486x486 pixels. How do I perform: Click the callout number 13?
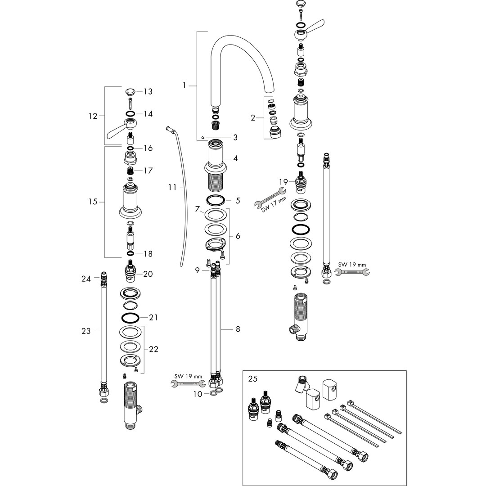pyautogui.click(x=148, y=92)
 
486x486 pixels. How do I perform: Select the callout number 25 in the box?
pyautogui.click(x=253, y=379)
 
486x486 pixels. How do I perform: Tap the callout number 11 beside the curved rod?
pyautogui.click(x=173, y=187)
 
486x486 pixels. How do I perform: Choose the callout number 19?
pyautogui.click(x=283, y=182)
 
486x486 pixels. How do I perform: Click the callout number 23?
pyautogui.click(x=86, y=331)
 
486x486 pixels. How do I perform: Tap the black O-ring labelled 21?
pyautogui.click(x=130, y=318)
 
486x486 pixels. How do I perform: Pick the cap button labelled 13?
pyautogui.click(x=130, y=92)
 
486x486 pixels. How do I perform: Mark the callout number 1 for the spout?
pyautogui.click(x=184, y=85)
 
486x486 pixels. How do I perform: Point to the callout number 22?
pyautogui.click(x=153, y=349)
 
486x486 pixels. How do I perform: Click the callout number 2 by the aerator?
pyautogui.click(x=253, y=118)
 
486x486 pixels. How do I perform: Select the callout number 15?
pyautogui.click(x=93, y=202)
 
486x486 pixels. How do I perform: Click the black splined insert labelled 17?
pyautogui.click(x=130, y=171)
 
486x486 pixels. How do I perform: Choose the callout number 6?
pyautogui.click(x=237, y=236)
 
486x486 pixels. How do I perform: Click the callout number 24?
pyautogui.click(x=86, y=279)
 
